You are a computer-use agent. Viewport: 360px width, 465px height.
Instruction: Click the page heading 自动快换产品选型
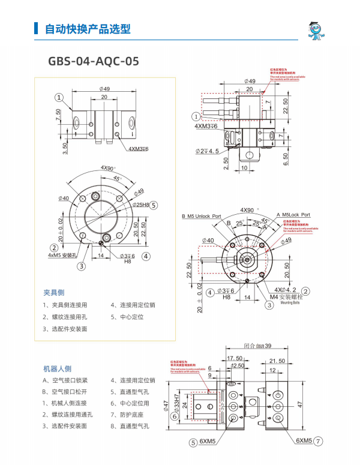coord(88,29)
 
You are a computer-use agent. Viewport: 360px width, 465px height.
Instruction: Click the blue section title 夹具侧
coord(53,292)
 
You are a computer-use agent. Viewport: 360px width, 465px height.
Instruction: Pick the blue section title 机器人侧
coord(58,368)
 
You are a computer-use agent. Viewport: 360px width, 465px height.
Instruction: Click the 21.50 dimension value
coord(277,361)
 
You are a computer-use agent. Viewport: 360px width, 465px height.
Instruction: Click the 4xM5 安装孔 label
coord(62,255)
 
